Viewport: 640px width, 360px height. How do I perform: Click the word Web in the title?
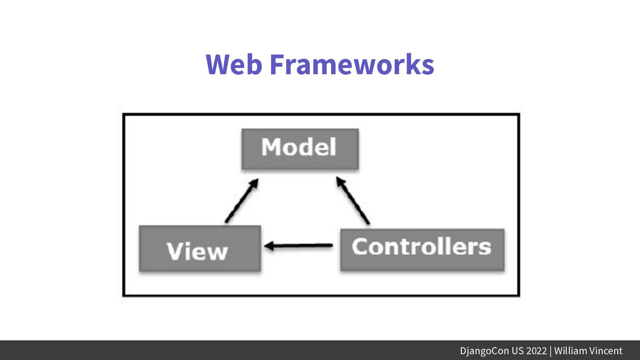point(234,64)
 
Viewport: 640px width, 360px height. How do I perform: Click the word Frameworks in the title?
point(352,64)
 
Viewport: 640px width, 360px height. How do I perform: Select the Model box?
point(300,148)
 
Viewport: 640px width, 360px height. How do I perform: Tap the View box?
point(200,249)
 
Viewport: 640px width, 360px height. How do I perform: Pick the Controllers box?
point(422,249)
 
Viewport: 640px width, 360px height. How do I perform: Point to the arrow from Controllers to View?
point(299,245)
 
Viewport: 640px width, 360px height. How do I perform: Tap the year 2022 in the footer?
point(536,351)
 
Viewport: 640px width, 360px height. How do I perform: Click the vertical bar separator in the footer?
point(550,351)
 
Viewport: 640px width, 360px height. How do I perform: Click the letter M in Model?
point(271,147)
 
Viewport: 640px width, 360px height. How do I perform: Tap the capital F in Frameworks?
point(276,64)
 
